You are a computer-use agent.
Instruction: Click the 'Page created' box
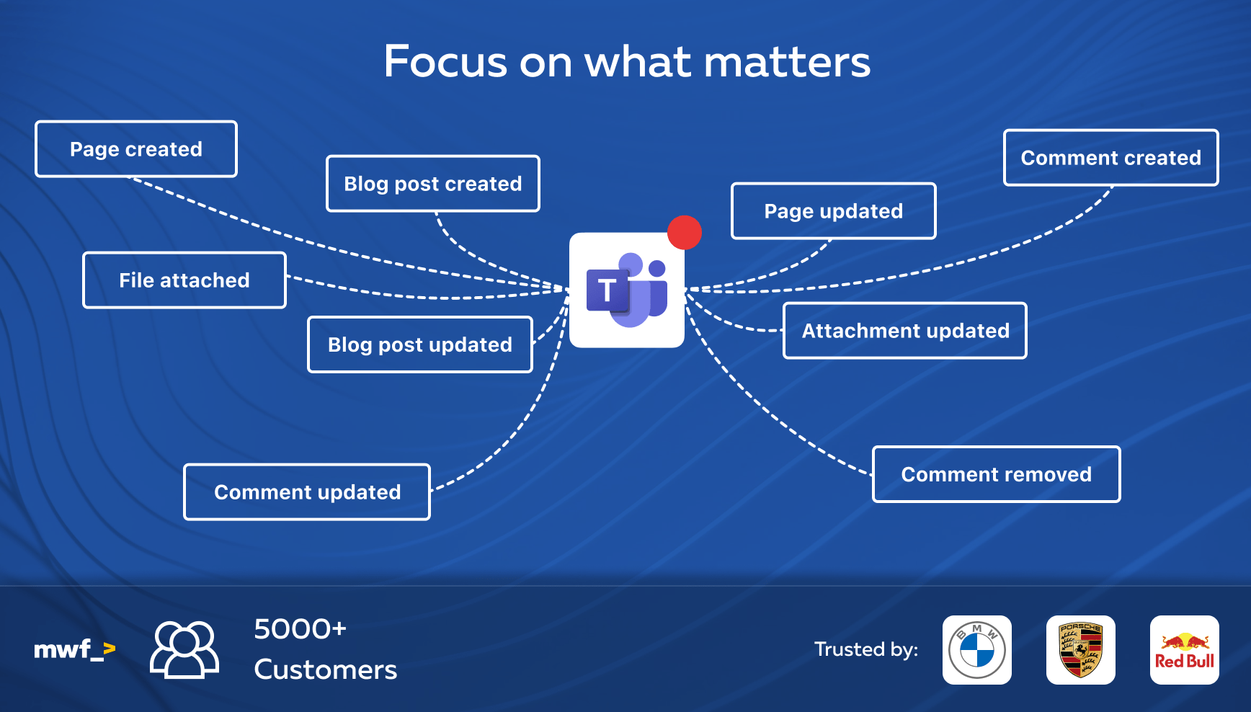click(136, 149)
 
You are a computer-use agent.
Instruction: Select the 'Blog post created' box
click(433, 184)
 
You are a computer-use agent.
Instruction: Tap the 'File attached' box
click(184, 280)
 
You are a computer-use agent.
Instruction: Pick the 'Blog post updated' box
click(420, 344)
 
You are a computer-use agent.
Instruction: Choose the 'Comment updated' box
click(307, 492)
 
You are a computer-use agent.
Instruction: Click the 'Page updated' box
click(834, 211)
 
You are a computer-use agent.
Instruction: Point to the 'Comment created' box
click(1111, 158)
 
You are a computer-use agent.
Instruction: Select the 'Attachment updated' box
click(905, 331)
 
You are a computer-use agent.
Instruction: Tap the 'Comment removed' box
click(997, 474)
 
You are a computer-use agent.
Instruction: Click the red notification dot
click(685, 233)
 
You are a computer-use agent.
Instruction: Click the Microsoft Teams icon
click(627, 290)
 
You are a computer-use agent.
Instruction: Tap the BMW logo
click(977, 650)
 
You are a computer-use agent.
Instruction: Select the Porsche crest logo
click(1081, 650)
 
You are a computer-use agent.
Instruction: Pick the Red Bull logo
click(1185, 650)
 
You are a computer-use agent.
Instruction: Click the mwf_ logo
click(75, 650)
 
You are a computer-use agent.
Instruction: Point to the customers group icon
click(184, 650)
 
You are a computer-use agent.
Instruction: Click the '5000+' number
click(300, 629)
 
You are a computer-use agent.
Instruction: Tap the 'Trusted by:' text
click(866, 649)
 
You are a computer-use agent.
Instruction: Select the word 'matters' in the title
click(787, 62)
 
